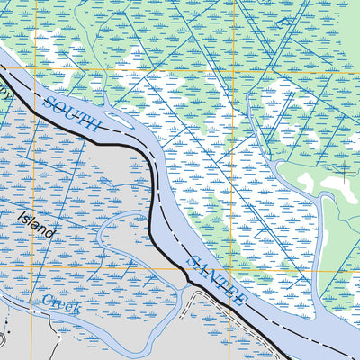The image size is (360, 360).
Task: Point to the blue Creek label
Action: [60, 301]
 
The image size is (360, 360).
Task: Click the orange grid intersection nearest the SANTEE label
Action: [237, 268]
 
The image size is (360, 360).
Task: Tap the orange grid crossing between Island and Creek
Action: [35, 268]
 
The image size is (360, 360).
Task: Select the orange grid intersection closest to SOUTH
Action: [35, 69]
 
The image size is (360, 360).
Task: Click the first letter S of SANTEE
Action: [190, 260]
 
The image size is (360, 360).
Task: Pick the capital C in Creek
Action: [46, 298]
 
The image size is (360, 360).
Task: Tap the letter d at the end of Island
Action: [52, 234]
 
